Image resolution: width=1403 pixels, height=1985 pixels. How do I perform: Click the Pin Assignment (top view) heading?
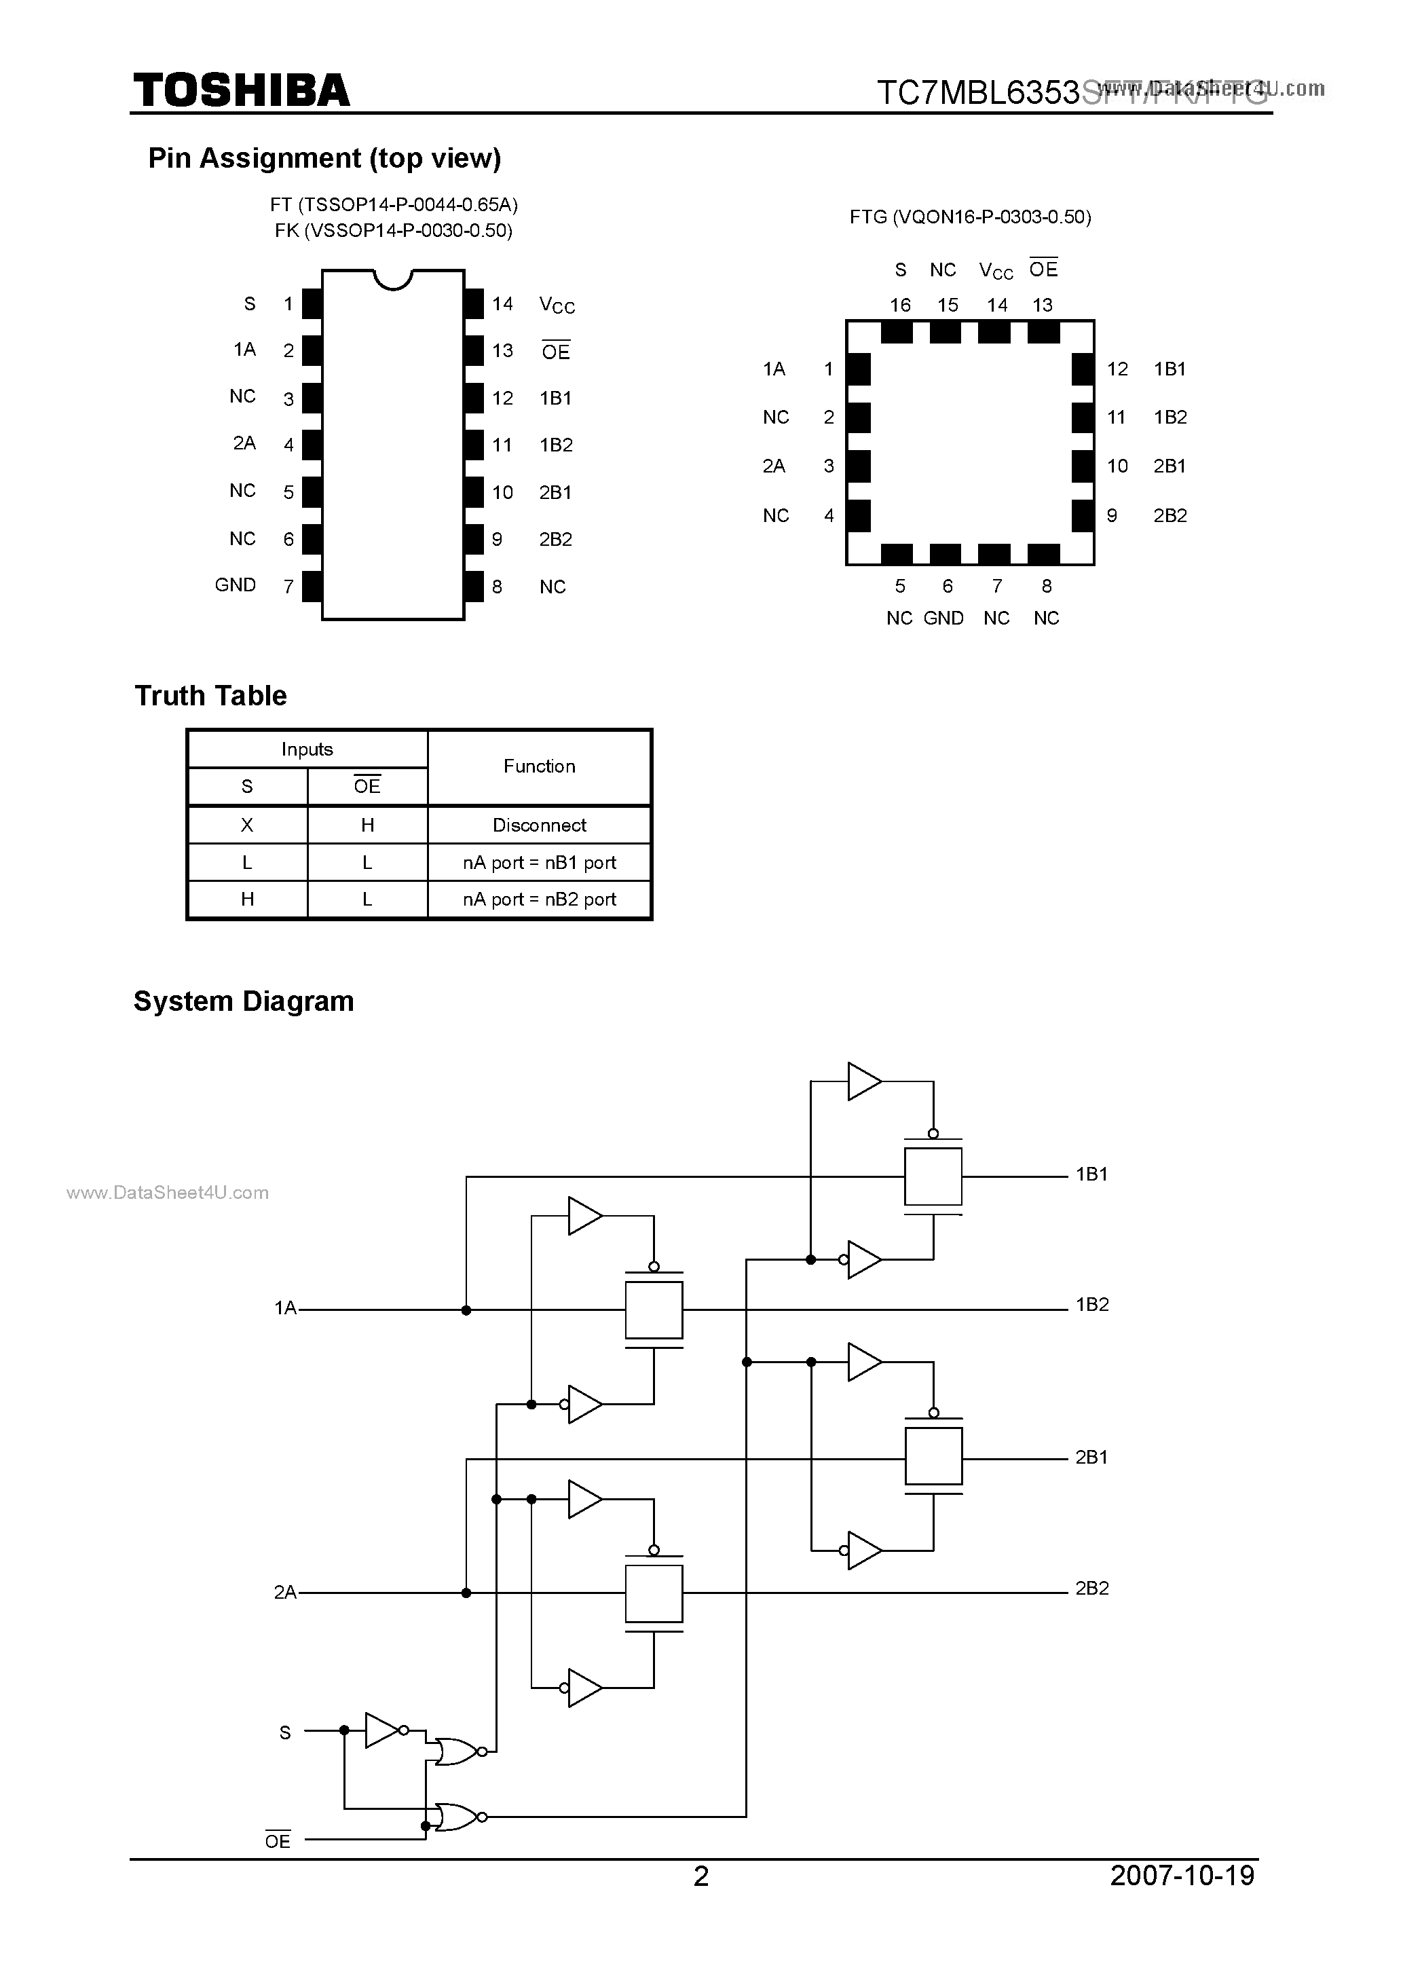pyautogui.click(x=324, y=158)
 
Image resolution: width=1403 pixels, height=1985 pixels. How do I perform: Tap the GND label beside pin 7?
pyautogui.click(x=235, y=585)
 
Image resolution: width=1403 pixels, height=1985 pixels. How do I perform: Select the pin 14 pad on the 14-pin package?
pyautogui.click(x=474, y=303)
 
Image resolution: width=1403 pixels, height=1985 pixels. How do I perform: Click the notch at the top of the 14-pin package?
pyautogui.click(x=392, y=278)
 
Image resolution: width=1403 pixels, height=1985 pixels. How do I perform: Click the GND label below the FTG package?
pyautogui.click(x=943, y=619)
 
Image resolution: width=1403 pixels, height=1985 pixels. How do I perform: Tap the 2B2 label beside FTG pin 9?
pyautogui.click(x=1170, y=516)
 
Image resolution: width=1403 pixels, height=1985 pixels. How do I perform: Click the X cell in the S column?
pyautogui.click(x=247, y=825)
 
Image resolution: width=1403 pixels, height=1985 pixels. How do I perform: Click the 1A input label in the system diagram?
pyautogui.click(x=284, y=1308)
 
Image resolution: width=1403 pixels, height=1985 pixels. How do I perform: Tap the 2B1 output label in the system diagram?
pyautogui.click(x=1091, y=1458)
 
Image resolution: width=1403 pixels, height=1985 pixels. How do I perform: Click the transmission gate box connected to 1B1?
pyautogui.click(x=933, y=1176)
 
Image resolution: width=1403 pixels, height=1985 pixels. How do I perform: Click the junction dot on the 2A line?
pyautogui.click(x=466, y=1593)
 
